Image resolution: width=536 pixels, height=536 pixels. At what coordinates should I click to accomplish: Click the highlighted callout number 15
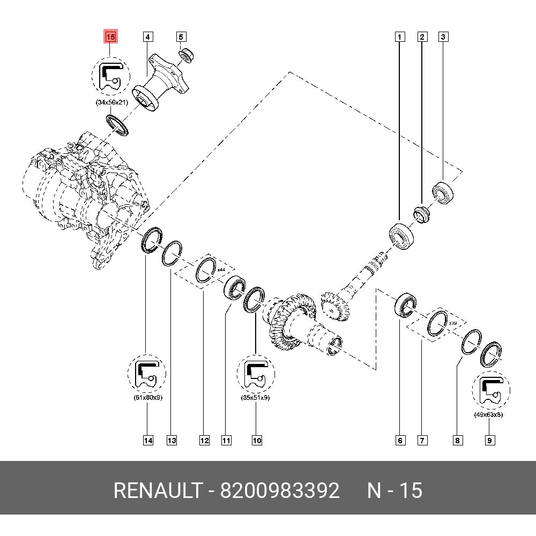(110, 37)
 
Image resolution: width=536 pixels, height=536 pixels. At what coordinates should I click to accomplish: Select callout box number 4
(148, 37)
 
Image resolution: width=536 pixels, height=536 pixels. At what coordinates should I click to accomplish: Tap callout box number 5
(181, 37)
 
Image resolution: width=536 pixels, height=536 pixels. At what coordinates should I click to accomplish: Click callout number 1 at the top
(399, 37)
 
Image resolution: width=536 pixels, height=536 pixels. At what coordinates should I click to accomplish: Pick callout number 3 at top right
(443, 37)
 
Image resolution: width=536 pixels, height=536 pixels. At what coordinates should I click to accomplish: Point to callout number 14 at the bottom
(148, 441)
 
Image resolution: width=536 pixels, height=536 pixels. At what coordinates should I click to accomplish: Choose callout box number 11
(226, 441)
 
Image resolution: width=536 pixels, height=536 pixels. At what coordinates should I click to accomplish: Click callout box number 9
(490, 441)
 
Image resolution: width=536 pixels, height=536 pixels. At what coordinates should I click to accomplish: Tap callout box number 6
(400, 441)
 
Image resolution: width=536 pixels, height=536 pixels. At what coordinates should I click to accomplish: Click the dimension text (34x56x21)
(109, 102)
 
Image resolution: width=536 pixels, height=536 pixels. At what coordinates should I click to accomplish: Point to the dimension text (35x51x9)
(256, 398)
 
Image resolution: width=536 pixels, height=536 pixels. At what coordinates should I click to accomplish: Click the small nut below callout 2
(422, 214)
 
